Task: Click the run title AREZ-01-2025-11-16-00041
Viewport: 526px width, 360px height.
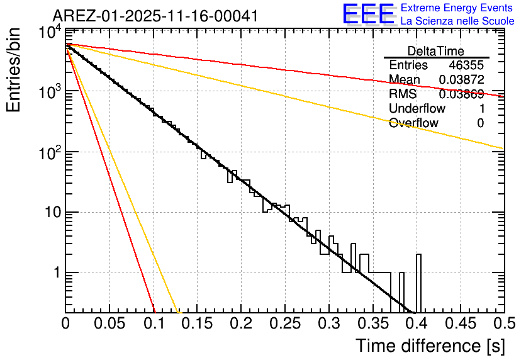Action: click(x=155, y=16)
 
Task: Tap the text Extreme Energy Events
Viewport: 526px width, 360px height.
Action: click(x=457, y=8)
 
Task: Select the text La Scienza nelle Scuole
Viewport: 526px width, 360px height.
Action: click(x=457, y=21)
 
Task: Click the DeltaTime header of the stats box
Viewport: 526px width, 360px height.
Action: click(x=436, y=51)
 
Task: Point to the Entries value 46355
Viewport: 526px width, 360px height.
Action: click(x=466, y=65)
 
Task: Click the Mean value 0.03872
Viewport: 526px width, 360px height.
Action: click(x=461, y=80)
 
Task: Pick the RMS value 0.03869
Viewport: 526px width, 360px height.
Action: click(x=461, y=94)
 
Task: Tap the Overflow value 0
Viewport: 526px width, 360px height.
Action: click(x=480, y=123)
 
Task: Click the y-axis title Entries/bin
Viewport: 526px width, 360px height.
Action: click(x=14, y=70)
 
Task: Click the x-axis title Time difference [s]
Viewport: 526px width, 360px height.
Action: click(x=430, y=346)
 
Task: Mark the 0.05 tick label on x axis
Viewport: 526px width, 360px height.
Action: click(x=110, y=323)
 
